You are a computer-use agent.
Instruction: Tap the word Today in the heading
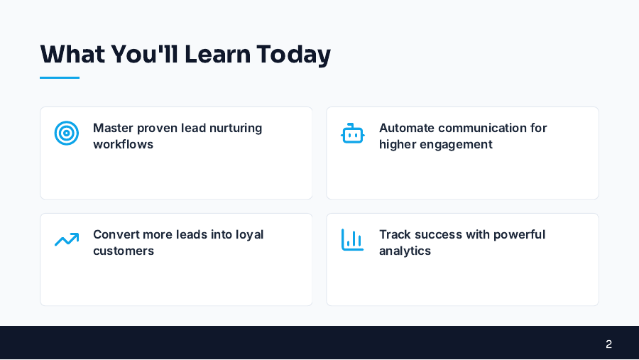tap(294, 55)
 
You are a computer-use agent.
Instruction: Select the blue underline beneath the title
tap(60, 77)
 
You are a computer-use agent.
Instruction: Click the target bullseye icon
tap(67, 133)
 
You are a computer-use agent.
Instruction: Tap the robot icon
tap(352, 133)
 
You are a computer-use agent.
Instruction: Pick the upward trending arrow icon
tap(67, 240)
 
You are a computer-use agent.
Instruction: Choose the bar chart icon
tap(352, 240)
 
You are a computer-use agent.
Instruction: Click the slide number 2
tap(608, 344)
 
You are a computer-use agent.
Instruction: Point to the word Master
tap(113, 128)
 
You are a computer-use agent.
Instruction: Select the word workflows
tap(123, 144)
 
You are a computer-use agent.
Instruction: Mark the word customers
tap(123, 251)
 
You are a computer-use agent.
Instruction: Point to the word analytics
tap(405, 251)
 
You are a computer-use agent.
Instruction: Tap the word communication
tap(486, 128)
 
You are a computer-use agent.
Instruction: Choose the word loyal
tap(248, 234)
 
